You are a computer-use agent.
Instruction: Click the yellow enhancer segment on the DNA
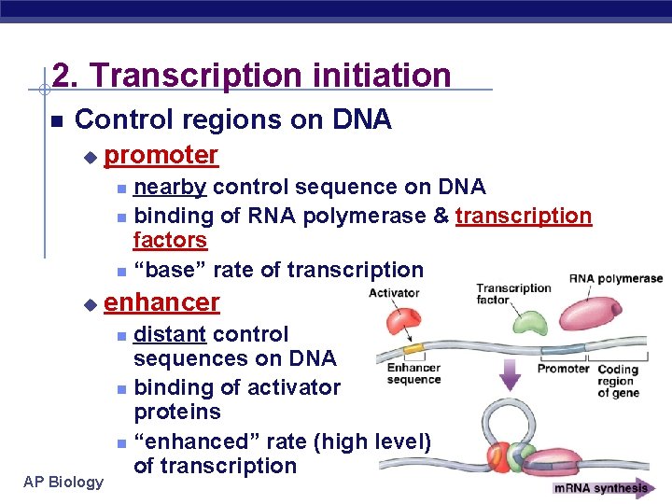[413, 347]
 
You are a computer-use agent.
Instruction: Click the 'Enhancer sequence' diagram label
[413, 373]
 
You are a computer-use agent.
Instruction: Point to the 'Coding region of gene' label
[616, 381]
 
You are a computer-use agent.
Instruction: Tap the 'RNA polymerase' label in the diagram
[616, 278]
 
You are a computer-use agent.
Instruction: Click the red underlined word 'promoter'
[161, 155]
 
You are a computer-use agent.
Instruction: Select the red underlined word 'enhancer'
[161, 302]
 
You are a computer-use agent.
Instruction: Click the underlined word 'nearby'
[170, 188]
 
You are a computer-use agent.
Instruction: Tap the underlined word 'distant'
[170, 334]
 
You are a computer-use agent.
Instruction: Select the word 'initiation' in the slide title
[373, 75]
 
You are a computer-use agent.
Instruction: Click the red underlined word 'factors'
[170, 240]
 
